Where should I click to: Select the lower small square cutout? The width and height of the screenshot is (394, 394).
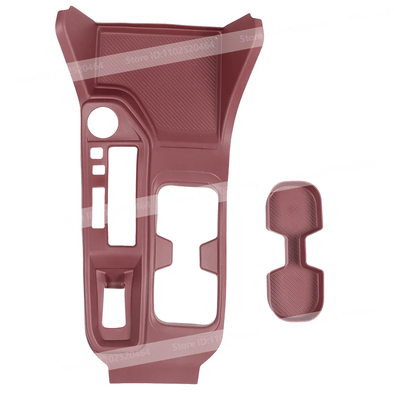tap(98, 169)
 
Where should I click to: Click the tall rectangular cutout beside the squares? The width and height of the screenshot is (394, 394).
tap(122, 195)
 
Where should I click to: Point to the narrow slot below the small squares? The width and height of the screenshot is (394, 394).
tap(98, 207)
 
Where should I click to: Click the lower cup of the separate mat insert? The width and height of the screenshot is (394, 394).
tap(294, 286)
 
